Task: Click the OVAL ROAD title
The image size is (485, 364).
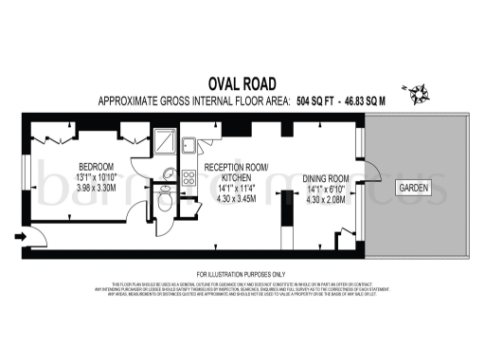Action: click(x=242, y=82)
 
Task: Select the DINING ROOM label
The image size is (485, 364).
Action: click(x=326, y=178)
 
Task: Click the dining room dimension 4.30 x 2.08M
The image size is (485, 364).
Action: click(x=326, y=202)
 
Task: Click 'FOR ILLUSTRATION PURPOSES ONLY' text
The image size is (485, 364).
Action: click(x=242, y=273)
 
